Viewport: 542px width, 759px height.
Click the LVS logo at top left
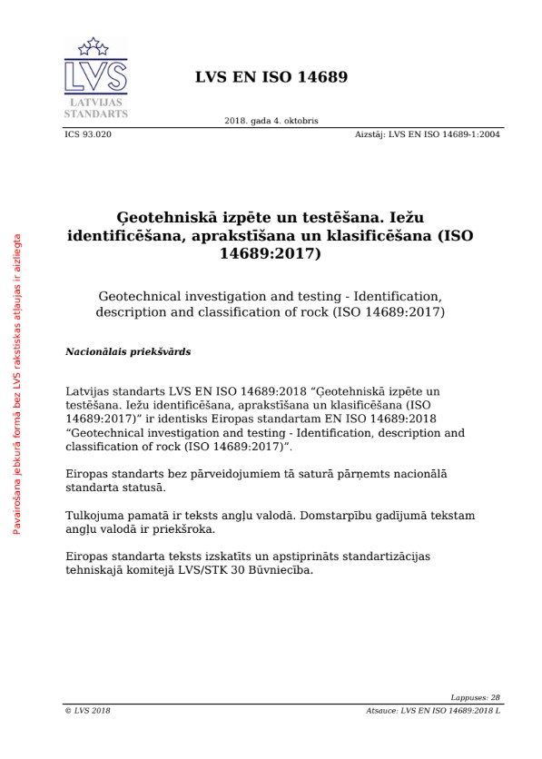pos(95,78)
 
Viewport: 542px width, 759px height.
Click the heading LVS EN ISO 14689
pos(271,77)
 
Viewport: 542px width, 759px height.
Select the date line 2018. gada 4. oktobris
pos(271,121)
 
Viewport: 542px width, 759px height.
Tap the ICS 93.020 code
pos(88,133)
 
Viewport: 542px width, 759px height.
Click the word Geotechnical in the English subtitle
pos(138,296)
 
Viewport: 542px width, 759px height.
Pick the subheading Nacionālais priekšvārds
pos(128,350)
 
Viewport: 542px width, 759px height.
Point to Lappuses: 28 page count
pos(475,697)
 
